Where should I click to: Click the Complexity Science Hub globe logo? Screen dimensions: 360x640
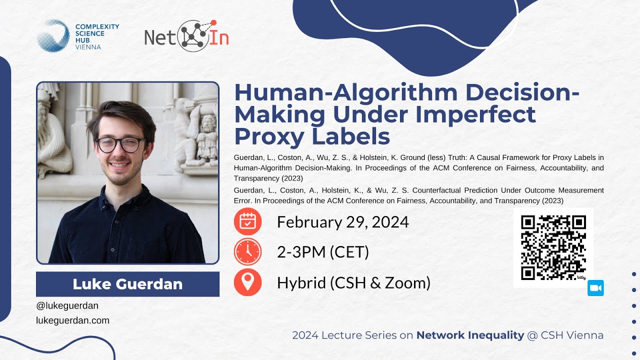click(x=53, y=35)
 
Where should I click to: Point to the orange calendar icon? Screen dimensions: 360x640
click(x=247, y=221)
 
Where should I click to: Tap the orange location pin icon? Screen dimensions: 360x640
click(x=247, y=282)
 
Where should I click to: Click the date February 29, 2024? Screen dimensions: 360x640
click(x=343, y=222)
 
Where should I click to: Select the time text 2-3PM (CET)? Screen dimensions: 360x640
click(x=323, y=252)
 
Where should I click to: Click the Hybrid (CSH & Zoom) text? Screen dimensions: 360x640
click(x=353, y=283)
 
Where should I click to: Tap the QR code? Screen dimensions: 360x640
click(x=553, y=247)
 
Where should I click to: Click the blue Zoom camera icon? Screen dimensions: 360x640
click(x=596, y=288)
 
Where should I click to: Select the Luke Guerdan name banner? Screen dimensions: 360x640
click(x=127, y=284)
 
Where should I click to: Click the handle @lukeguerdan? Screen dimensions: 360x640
click(x=67, y=305)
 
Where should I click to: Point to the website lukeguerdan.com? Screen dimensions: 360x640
click(x=73, y=320)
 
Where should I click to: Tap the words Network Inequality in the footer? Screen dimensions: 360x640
click(x=470, y=335)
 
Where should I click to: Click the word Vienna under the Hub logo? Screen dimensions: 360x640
click(x=88, y=47)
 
